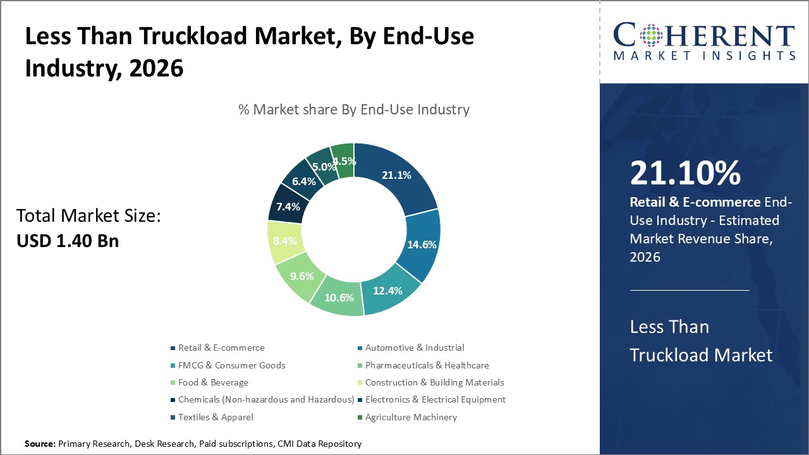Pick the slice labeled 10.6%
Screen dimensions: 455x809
[x=339, y=298]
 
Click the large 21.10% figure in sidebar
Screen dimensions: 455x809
[x=685, y=173]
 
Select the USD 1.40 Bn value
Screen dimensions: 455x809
[x=67, y=241]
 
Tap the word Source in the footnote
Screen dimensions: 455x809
[x=40, y=444]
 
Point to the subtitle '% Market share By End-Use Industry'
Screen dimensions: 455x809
[x=354, y=109]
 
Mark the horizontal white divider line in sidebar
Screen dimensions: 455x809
[x=690, y=290]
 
